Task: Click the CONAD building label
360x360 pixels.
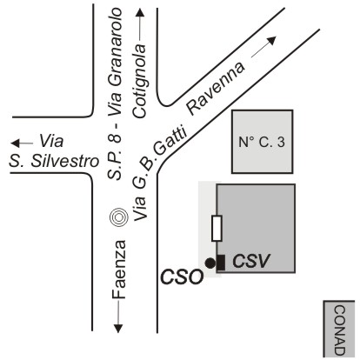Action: (340, 330)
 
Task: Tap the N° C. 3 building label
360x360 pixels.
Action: (262, 143)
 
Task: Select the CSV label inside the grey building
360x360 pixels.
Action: (251, 261)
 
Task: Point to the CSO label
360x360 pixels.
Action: (182, 277)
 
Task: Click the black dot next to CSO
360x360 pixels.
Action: (210, 263)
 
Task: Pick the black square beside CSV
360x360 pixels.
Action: (221, 263)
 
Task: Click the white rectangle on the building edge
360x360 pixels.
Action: (217, 229)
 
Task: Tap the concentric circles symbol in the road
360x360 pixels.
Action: (119, 217)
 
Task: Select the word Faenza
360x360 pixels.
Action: (119, 270)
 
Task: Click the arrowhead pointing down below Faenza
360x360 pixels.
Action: (118, 329)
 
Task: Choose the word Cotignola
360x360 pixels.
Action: (140, 81)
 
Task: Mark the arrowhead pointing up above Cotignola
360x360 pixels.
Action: (140, 13)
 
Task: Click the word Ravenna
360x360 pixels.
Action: (216, 89)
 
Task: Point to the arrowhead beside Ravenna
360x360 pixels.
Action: (272, 41)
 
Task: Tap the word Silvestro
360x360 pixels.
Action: (65, 161)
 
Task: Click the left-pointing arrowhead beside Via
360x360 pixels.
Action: (15, 143)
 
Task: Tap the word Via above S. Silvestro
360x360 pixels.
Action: (51, 141)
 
